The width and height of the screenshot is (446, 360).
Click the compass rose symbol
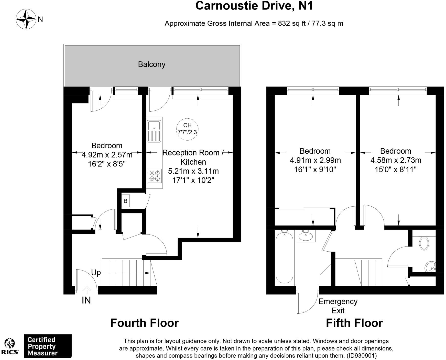(x=26, y=19)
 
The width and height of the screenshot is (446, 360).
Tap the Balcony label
(x=151, y=64)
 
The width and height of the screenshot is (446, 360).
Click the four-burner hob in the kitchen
(x=155, y=176)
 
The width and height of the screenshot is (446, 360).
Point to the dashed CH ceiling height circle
(x=187, y=129)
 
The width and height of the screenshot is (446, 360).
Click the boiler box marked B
(x=125, y=201)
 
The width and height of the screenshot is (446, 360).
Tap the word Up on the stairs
(x=96, y=273)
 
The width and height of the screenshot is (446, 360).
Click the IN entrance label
(x=86, y=300)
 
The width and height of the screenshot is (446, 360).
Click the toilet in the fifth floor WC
(x=424, y=243)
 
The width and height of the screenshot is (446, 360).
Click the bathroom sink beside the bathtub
(x=306, y=236)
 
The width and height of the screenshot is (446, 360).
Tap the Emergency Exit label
(x=338, y=306)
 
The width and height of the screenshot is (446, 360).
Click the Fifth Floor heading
(x=354, y=323)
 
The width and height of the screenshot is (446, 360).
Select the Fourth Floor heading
(x=144, y=323)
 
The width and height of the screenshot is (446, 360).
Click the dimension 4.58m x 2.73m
(x=396, y=160)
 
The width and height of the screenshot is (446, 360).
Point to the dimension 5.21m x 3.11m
(x=193, y=171)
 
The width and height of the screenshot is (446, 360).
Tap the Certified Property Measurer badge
(x=48, y=346)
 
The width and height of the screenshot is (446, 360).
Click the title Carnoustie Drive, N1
(x=254, y=6)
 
